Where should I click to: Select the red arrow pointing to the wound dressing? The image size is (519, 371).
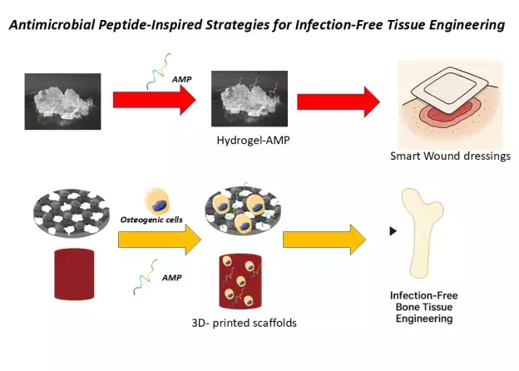[337, 101]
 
